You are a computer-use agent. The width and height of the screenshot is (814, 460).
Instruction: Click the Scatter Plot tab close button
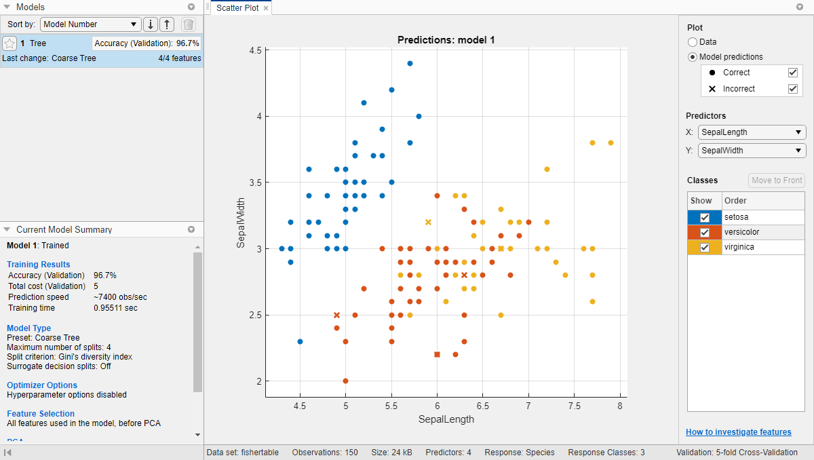point(266,8)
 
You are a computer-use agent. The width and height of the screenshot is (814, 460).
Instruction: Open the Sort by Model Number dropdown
point(90,24)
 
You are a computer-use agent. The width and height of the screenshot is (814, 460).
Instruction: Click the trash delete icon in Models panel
point(189,24)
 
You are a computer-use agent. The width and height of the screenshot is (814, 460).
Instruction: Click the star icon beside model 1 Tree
point(9,43)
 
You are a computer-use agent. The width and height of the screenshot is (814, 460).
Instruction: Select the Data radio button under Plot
point(693,42)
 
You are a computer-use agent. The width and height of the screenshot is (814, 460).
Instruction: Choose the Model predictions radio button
point(693,57)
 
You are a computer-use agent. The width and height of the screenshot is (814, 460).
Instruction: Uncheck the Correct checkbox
point(792,73)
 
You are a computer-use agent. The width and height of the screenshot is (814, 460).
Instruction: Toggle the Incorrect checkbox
point(792,89)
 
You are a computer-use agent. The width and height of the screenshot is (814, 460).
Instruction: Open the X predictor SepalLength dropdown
point(752,132)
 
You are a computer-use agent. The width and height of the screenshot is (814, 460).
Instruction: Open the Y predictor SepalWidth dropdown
point(752,151)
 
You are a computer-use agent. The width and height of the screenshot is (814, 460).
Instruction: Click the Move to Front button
point(777,180)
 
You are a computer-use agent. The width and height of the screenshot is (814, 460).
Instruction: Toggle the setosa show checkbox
point(705,217)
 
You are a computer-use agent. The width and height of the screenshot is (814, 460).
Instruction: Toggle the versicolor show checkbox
point(705,232)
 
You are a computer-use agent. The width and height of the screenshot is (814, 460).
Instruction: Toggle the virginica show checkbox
point(705,247)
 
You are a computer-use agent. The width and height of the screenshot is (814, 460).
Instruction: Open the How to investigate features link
point(738,432)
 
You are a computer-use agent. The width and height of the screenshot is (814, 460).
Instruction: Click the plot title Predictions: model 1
point(446,40)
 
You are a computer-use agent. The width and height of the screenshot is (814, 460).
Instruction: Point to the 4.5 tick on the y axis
point(256,51)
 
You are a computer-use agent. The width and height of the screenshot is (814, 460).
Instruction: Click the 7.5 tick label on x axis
point(574,406)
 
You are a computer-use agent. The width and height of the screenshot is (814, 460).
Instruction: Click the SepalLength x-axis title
point(446,419)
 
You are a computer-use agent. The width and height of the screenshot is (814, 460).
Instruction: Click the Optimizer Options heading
point(42,385)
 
